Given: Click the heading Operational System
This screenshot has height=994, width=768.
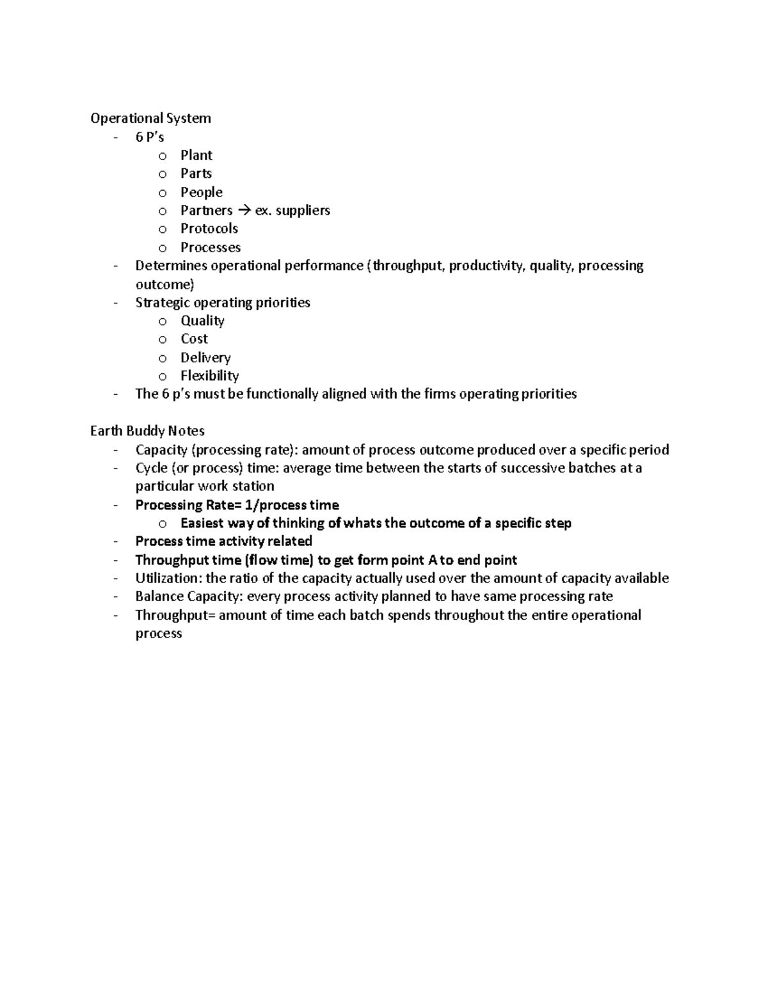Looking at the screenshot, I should point(150,118).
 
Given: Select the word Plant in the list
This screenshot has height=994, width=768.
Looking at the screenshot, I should point(196,156).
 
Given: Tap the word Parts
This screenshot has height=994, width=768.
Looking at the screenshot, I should point(196,173).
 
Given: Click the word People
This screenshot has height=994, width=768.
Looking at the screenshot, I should point(201,192).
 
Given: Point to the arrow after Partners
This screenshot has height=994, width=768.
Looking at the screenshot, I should point(244,211).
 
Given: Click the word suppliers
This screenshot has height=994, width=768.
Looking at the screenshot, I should point(301,211).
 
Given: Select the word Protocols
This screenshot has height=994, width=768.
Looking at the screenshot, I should point(209,228).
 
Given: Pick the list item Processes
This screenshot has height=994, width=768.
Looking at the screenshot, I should point(210,247).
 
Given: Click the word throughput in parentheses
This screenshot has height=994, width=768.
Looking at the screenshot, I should point(409,266).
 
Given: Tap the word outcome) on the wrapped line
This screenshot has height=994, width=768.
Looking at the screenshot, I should point(164,284).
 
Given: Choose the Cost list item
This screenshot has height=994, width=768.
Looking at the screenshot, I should point(194,339).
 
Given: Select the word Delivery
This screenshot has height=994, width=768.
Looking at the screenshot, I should point(205,357).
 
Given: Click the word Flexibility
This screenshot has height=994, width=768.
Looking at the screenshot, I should point(209,376).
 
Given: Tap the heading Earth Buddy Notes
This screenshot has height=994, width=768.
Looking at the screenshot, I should point(147,431).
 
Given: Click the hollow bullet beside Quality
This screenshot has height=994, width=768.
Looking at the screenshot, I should point(163,321).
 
